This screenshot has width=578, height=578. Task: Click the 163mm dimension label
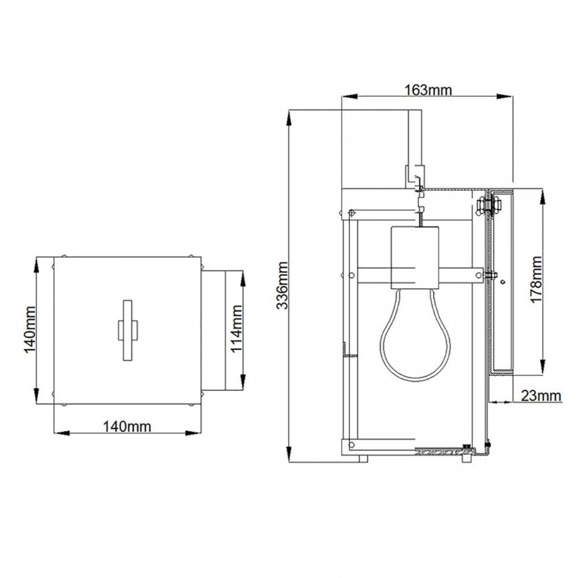coord(428,90)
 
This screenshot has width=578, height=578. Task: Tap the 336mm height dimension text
coord(283,286)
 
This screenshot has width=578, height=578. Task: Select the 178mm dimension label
coord(536,280)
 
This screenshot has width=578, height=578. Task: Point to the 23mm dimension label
coord(541,396)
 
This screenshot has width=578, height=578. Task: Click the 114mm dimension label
coord(236,329)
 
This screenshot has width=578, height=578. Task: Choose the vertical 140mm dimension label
coord(30,329)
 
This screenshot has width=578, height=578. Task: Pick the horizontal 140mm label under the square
coord(127,427)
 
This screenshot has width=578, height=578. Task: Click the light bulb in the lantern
coord(416,335)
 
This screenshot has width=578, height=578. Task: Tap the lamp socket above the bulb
coord(415,258)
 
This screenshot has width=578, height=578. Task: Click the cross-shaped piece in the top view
coord(128,329)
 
